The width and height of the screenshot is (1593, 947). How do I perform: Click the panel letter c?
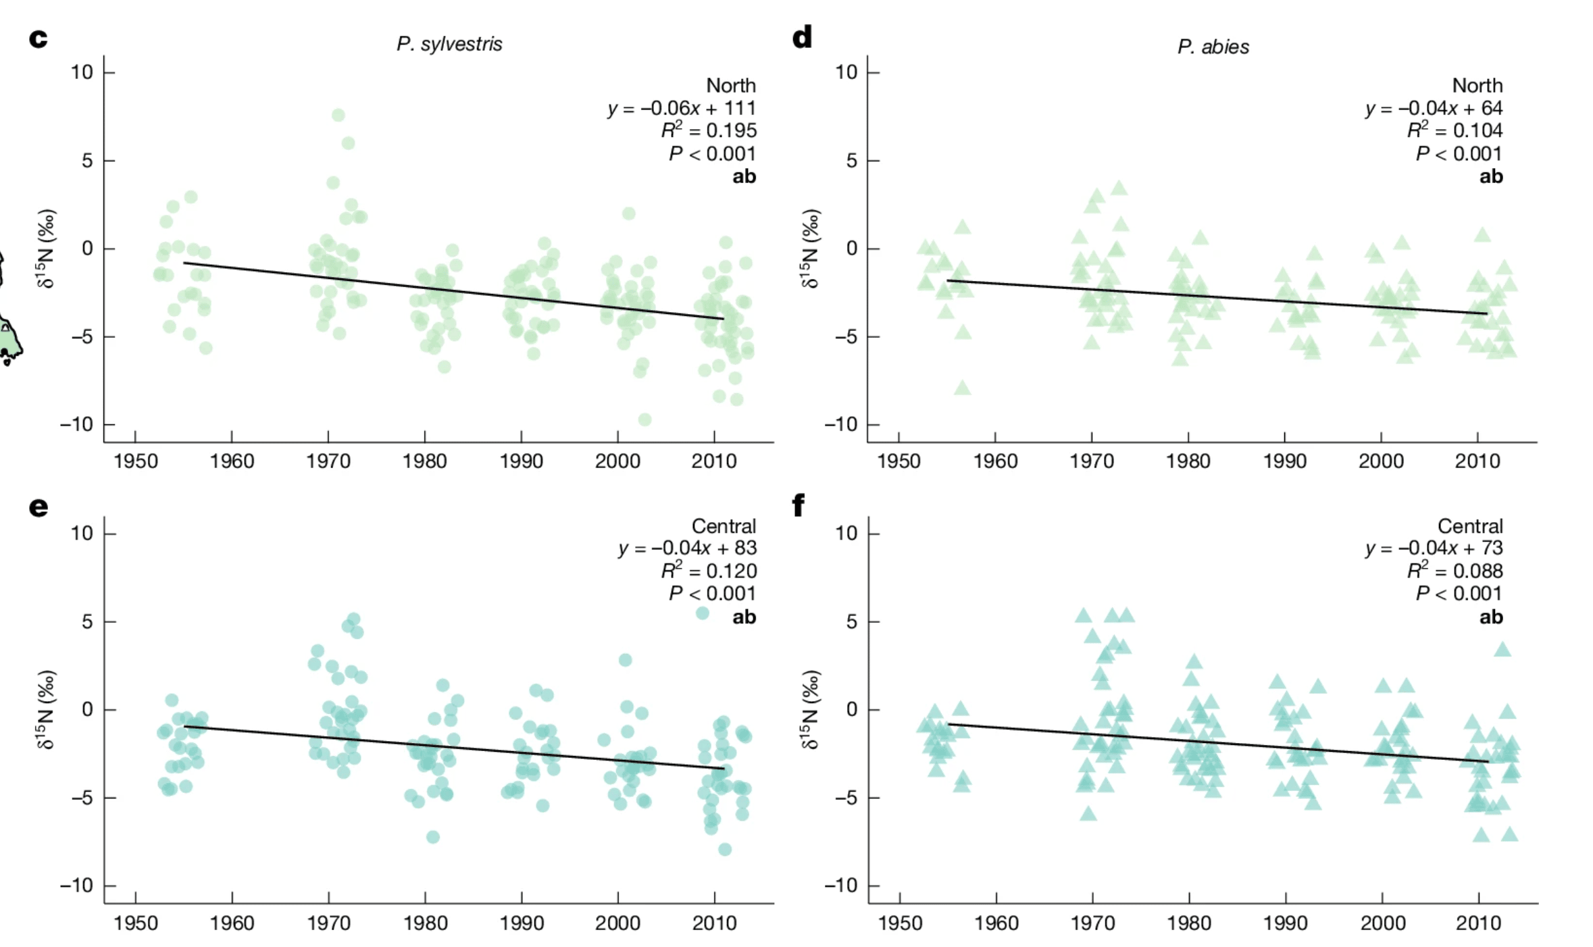[x=39, y=39]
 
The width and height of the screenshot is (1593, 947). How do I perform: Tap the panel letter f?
[x=799, y=506]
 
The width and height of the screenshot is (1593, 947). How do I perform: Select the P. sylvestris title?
[x=449, y=44]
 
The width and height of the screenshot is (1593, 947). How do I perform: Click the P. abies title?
[x=1213, y=47]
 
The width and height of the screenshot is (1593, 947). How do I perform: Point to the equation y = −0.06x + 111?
[x=681, y=108]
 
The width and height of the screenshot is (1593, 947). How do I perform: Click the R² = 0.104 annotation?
[x=1455, y=130]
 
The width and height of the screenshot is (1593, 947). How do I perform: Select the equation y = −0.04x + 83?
[x=687, y=548]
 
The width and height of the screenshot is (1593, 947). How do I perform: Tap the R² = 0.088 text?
[x=1455, y=571]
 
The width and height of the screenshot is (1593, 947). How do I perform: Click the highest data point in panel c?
[x=338, y=116]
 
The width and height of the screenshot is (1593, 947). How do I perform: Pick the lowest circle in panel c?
[x=645, y=420]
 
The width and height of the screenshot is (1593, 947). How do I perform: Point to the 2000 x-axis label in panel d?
[x=1381, y=461]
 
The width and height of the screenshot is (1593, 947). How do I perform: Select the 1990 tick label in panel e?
[x=522, y=923]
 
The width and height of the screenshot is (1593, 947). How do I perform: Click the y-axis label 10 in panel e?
[x=82, y=534]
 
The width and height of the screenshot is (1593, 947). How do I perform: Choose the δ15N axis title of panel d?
[x=810, y=249]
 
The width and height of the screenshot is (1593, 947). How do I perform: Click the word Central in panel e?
[x=724, y=526]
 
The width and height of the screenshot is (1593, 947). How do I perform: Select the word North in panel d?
[x=1477, y=86]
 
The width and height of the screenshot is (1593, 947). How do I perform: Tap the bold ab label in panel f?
[x=1491, y=617]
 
